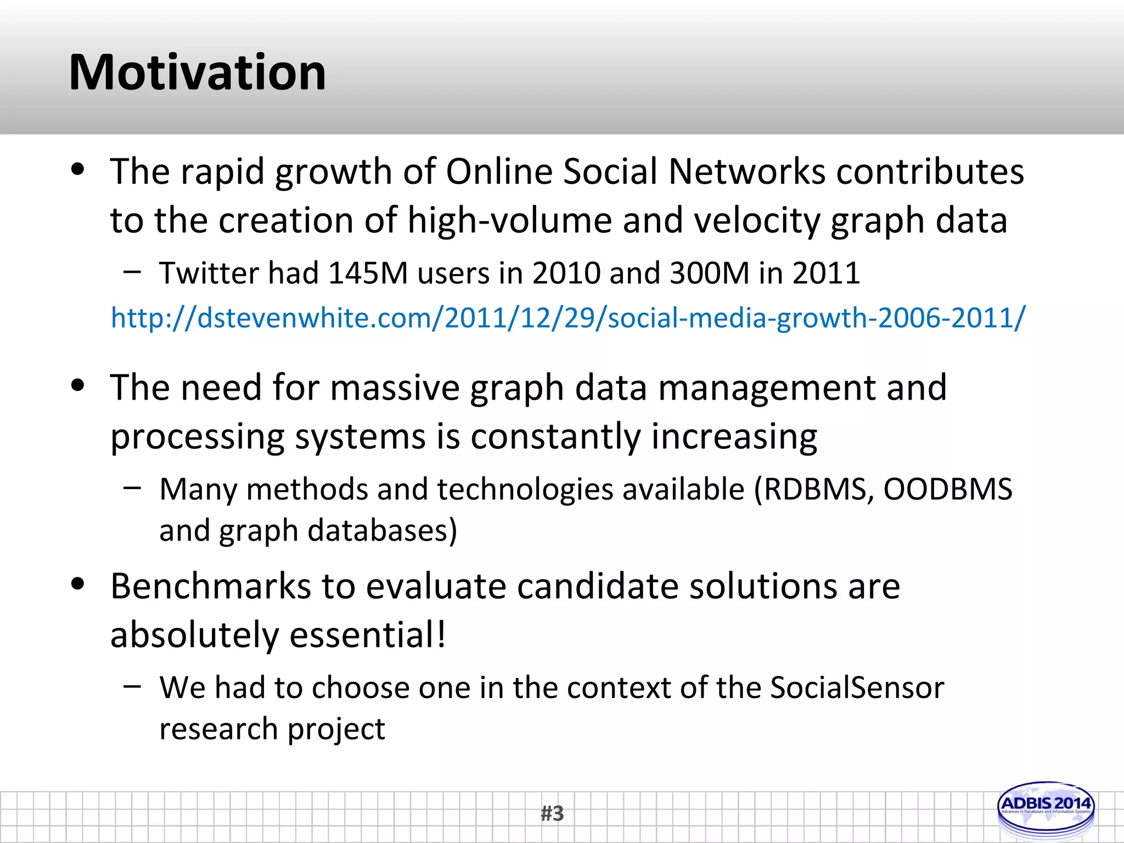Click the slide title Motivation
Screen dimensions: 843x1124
click(x=198, y=72)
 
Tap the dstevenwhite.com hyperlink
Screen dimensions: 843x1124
click(x=567, y=318)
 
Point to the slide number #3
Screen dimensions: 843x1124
click(x=552, y=813)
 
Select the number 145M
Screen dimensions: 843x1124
click(x=368, y=273)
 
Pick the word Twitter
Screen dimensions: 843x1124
click(x=209, y=273)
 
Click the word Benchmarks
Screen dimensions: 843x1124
click(x=211, y=586)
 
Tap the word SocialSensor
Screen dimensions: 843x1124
click(x=857, y=687)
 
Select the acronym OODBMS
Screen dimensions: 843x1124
click(x=947, y=488)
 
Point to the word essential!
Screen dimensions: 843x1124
click(x=367, y=634)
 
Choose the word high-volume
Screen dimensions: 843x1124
click(x=509, y=221)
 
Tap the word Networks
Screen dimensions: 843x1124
click(x=747, y=172)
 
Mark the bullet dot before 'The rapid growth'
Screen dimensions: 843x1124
click(x=78, y=170)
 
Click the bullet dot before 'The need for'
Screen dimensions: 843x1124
click(x=78, y=386)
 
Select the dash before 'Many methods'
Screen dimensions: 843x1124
click(x=132, y=487)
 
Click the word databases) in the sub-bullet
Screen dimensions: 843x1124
click(x=382, y=530)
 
